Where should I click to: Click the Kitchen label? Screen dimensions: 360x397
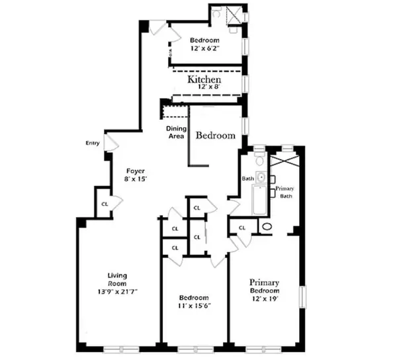pyautogui.click(x=204, y=79)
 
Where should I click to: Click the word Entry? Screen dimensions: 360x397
pyautogui.click(x=93, y=143)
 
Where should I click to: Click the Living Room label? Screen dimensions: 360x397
pyautogui.click(x=118, y=279)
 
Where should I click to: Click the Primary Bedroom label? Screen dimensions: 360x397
pyautogui.click(x=264, y=287)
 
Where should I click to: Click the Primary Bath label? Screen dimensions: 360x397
pyautogui.click(x=286, y=192)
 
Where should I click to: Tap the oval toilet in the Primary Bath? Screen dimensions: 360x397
pyautogui.click(x=267, y=226)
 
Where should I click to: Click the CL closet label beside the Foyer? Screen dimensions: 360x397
pyautogui.click(x=104, y=204)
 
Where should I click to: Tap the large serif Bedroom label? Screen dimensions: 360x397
pyautogui.click(x=215, y=136)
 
